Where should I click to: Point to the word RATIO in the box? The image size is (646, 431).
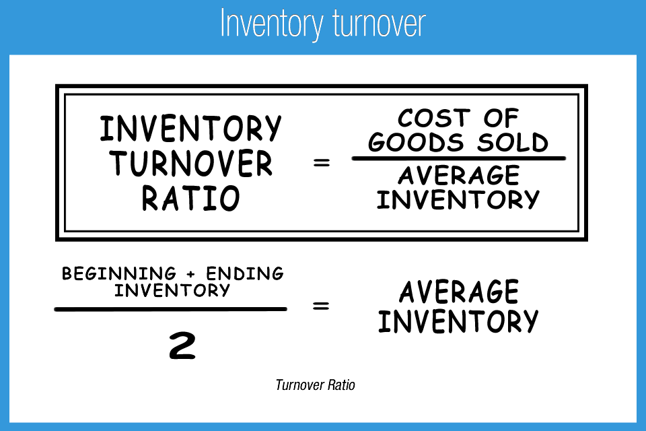click(191, 199)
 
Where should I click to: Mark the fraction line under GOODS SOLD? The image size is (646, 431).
click(458, 159)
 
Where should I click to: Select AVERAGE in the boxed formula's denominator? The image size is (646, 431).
click(458, 175)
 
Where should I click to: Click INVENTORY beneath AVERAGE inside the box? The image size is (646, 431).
click(458, 199)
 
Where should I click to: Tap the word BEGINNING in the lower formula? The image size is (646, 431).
click(118, 274)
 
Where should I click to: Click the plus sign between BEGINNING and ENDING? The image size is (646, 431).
click(191, 274)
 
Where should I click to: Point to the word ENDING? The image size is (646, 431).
click(245, 274)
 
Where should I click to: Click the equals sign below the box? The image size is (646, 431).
click(321, 306)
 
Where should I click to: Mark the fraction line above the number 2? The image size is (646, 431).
click(170, 309)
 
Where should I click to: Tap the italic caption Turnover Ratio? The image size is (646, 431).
click(315, 385)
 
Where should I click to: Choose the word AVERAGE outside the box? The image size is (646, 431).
click(458, 293)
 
